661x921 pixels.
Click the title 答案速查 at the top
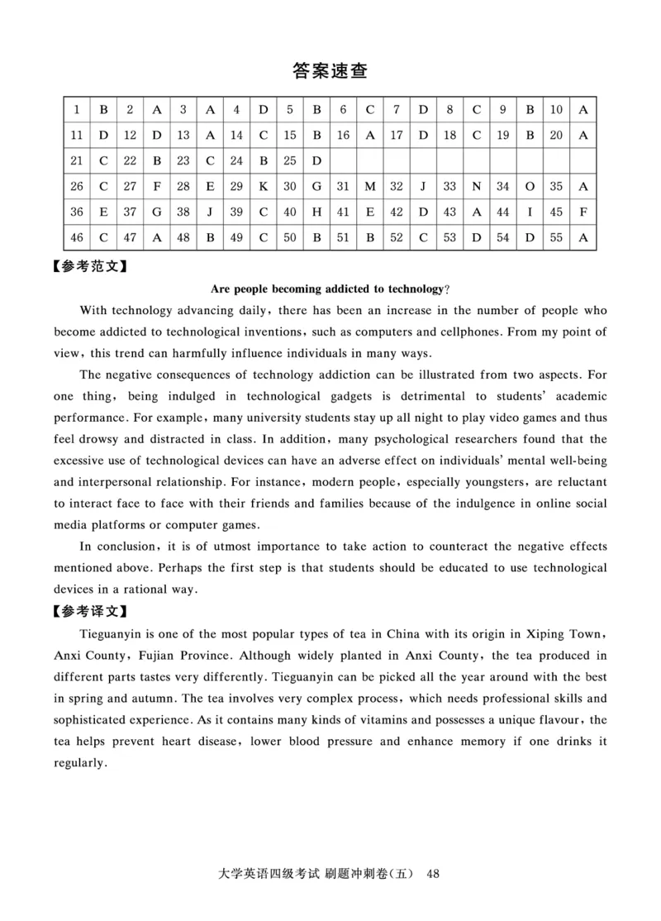coord(330,71)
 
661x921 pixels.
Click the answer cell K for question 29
coord(263,187)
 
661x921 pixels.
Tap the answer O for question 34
coord(530,187)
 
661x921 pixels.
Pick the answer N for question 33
coord(477,187)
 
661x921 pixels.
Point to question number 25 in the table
coord(289,160)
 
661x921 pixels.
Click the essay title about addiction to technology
coord(330,289)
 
